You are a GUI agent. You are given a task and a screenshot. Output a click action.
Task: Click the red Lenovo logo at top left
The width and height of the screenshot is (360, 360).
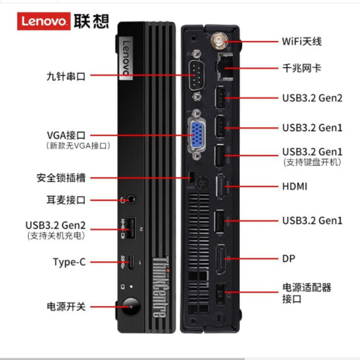44,21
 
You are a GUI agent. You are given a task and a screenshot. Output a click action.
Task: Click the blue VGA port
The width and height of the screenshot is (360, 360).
197,134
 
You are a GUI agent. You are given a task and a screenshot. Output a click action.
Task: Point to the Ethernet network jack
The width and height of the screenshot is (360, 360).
225,66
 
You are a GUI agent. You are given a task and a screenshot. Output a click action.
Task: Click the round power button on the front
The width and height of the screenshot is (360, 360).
131,306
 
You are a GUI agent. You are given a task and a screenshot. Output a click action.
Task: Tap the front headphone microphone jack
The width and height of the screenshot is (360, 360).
131,199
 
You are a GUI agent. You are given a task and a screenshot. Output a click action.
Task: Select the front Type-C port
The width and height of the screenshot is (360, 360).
131,261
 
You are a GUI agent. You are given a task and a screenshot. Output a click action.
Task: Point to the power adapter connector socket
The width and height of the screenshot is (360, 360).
221,294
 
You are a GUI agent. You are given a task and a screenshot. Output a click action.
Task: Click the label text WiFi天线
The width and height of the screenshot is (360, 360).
302,41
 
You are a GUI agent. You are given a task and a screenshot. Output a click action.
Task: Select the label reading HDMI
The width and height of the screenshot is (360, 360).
295,186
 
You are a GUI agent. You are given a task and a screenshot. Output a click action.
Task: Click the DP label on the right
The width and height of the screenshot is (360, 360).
289,259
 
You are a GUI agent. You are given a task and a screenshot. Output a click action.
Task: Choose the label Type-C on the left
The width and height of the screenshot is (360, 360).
69,262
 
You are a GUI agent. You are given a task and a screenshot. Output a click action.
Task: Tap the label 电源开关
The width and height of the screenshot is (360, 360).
66,307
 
